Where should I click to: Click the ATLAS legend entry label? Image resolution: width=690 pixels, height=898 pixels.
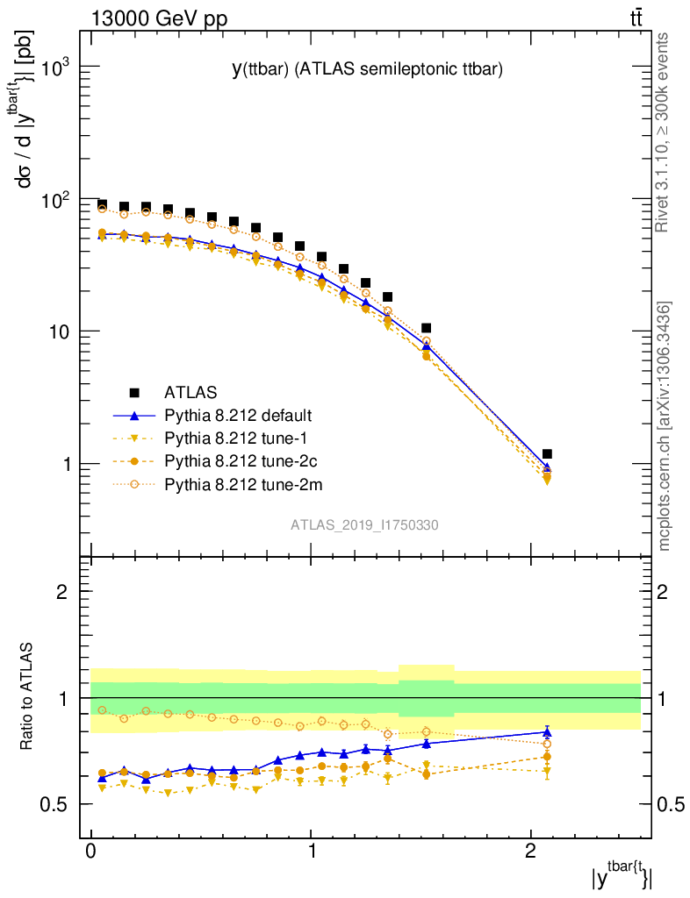(190, 392)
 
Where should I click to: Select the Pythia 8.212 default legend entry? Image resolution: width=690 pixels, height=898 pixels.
(238, 415)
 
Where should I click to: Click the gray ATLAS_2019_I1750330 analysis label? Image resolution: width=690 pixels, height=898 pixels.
(365, 525)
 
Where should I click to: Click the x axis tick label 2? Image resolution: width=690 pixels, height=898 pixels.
(530, 851)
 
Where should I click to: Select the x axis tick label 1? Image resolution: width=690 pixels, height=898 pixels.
(311, 851)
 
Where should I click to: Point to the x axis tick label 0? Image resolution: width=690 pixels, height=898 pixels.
(91, 851)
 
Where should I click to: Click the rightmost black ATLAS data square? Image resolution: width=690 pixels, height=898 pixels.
(547, 454)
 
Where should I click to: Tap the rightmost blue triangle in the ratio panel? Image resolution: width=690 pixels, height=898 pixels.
(547, 731)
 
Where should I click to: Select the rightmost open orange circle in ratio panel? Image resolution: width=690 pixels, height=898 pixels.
(547, 744)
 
